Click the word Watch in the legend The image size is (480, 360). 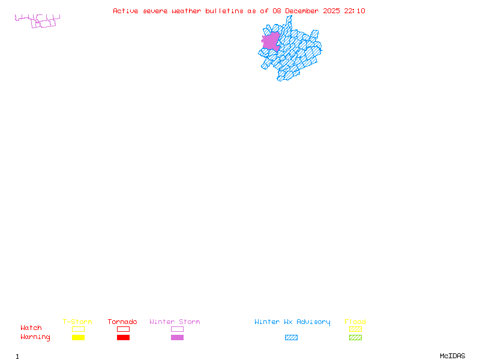click(x=31, y=328)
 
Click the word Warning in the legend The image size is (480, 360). click(x=35, y=337)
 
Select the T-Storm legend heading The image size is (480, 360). click(x=77, y=322)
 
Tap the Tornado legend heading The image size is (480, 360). click(x=122, y=322)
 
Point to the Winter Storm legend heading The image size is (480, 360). click(x=175, y=322)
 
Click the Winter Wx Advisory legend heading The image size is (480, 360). click(x=292, y=322)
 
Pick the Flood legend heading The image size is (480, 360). click(x=355, y=322)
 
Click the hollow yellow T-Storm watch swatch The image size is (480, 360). click(x=78, y=329)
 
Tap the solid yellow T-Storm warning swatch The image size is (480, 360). click(x=78, y=337)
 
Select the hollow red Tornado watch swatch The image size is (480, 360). click(x=123, y=329)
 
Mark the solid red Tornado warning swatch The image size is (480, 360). click(x=123, y=337)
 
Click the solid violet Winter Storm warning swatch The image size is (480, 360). click(x=177, y=337)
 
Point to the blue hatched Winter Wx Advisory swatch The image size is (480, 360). click(x=291, y=337)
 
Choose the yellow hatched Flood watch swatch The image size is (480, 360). click(x=355, y=329)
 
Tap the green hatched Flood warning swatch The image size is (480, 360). click(x=355, y=337)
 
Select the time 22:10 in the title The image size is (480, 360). click(x=355, y=11)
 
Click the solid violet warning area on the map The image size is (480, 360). click(x=271, y=41)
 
